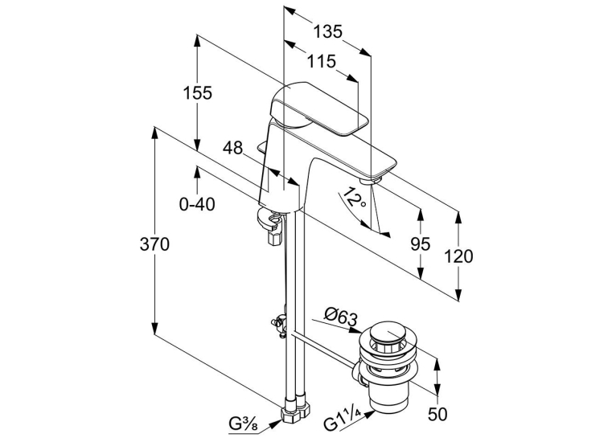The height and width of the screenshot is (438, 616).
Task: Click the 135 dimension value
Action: (327, 31)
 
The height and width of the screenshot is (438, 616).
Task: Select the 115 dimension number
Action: (322, 61)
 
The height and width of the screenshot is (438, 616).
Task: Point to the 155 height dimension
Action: (198, 92)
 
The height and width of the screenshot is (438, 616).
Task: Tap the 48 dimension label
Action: (233, 149)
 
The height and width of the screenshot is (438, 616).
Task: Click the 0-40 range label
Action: (197, 204)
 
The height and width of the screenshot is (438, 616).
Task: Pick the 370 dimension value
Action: (154, 244)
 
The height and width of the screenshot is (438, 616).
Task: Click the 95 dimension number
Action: (421, 244)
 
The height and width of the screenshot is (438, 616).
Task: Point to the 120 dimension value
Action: (458, 256)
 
